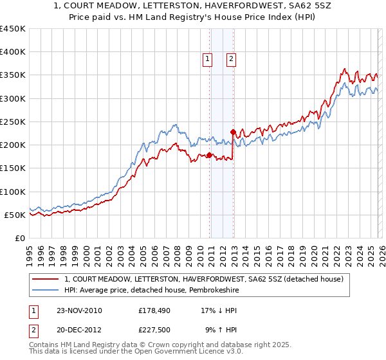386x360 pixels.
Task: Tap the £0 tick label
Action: (18, 238)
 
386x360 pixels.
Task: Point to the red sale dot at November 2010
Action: (210, 155)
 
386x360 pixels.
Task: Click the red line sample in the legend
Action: (46, 279)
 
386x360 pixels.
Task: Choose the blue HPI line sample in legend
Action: (46, 290)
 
